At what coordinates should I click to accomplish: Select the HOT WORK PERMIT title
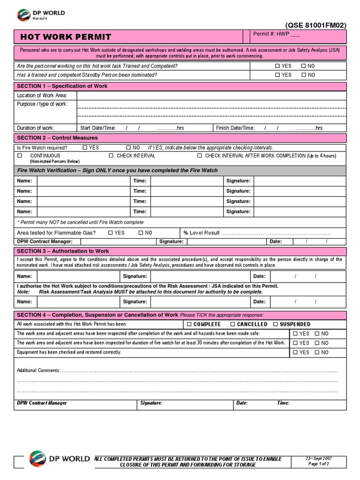pos(66,37)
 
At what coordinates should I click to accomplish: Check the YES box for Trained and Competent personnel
pos(277,66)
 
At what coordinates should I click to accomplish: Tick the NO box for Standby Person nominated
pos(303,75)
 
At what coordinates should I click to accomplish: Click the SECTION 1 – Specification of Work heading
pos(62,86)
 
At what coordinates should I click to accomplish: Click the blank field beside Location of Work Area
pos(211,96)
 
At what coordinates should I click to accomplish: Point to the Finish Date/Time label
pos(235,128)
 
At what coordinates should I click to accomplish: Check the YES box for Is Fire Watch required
pos(85,148)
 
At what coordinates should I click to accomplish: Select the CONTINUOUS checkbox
pos(20,156)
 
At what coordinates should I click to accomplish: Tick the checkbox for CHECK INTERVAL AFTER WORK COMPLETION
pos(200,156)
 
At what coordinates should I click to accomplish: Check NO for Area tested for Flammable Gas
pos(141,233)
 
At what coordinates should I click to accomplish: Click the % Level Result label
pos(202,233)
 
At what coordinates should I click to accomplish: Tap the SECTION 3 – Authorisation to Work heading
pos(63,251)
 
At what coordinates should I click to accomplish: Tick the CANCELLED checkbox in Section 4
pos(233,324)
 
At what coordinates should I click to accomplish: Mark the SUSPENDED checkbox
pos(276,324)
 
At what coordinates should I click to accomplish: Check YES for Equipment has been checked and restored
pos(295,352)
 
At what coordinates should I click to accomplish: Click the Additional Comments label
pos(38,370)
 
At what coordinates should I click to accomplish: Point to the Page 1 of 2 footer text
pos(319,464)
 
